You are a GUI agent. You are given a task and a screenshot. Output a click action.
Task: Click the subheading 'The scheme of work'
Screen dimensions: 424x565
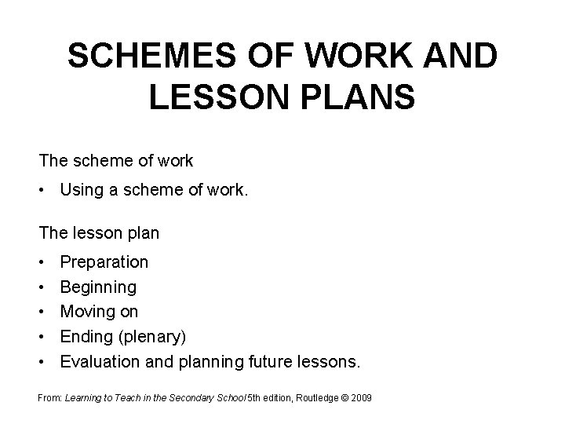pyautogui.click(x=116, y=161)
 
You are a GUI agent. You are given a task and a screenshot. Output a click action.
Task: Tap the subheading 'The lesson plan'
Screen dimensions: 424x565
pyautogui.click(x=99, y=232)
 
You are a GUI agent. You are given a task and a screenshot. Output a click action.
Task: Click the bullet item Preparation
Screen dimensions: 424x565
pyautogui.click(x=104, y=261)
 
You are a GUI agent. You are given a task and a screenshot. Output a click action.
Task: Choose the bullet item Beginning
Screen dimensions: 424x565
pyautogui.click(x=98, y=287)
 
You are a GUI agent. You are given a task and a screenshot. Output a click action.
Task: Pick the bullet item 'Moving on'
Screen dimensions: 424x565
pyautogui.click(x=100, y=312)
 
